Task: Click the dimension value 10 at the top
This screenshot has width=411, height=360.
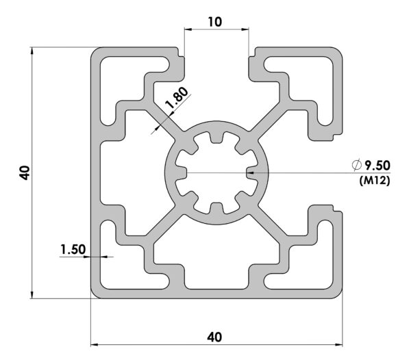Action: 215,22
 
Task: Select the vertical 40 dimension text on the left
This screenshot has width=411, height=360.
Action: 25,172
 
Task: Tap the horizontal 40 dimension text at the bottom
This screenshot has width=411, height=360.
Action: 214,337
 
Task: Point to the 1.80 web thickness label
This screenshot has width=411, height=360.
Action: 177,97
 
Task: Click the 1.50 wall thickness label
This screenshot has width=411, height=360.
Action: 73,250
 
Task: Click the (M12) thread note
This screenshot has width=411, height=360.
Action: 375,181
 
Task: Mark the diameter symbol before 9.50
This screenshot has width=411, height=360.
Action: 356,166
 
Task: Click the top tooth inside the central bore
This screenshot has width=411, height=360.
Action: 216,138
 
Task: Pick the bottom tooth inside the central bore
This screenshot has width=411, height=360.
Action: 216,207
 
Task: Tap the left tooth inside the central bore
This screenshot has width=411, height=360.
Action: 181,172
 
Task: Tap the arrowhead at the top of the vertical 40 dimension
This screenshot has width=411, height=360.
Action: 32,51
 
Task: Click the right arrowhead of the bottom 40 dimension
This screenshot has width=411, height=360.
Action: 338,345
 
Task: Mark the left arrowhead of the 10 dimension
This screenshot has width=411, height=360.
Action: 188,29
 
